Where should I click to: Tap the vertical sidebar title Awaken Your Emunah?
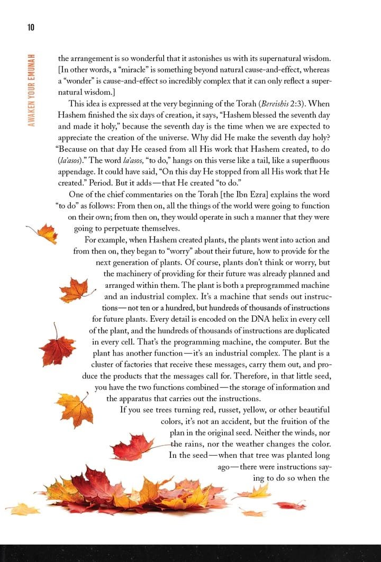[32, 89]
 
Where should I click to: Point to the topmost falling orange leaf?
[44, 233]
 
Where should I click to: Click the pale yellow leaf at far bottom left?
[24, 509]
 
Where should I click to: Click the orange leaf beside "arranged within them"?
[74, 291]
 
